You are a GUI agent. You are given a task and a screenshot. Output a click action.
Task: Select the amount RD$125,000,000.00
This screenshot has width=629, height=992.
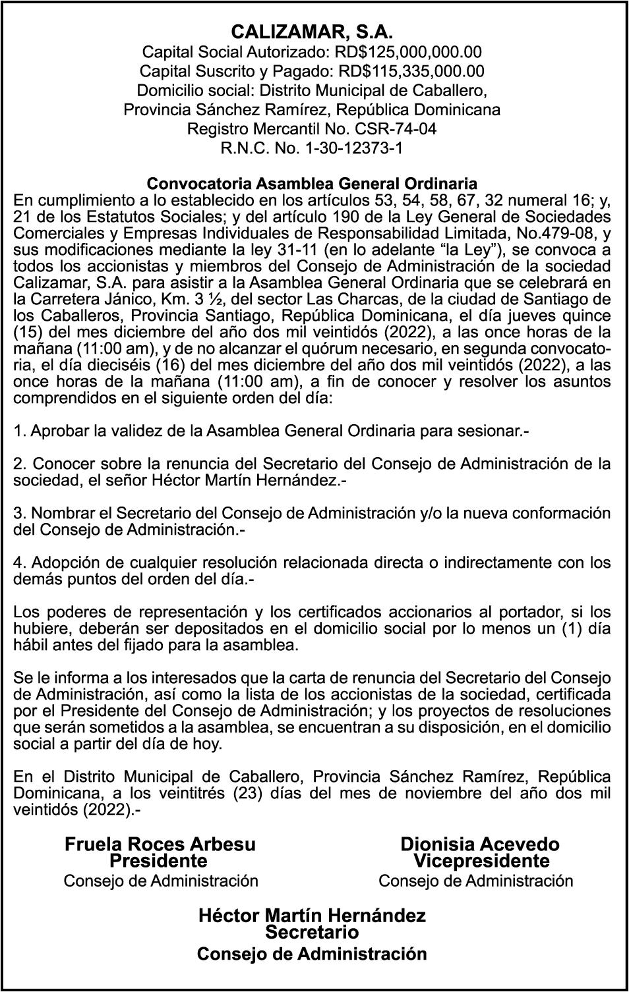click(x=408, y=52)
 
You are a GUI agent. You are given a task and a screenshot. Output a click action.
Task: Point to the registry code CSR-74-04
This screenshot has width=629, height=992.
click(x=396, y=128)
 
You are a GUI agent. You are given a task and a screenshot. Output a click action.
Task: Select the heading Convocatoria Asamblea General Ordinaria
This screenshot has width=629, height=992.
click(x=312, y=182)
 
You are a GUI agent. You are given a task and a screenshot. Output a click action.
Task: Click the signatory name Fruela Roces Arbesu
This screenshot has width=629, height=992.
click(x=160, y=844)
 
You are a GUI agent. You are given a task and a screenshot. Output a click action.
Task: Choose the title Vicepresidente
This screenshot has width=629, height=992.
click(x=481, y=861)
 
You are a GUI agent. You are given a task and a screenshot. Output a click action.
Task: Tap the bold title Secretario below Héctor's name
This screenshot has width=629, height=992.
click(x=312, y=932)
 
